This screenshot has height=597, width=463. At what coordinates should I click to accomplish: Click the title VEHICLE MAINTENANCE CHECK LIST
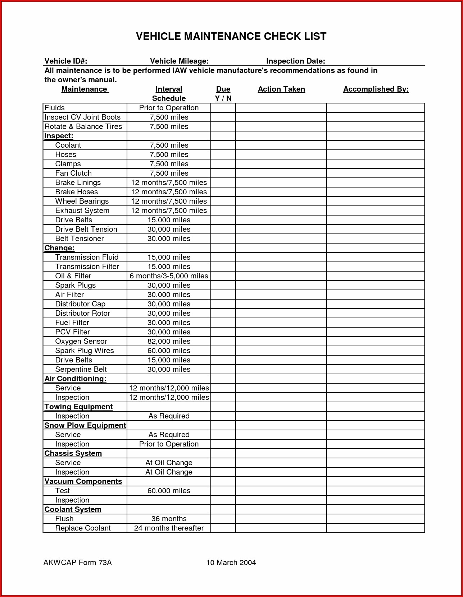coord(231,36)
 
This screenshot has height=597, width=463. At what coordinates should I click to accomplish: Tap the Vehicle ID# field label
coord(66,61)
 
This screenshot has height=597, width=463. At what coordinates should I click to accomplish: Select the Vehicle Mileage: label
coord(179,61)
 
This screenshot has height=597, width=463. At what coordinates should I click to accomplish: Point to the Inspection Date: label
coord(295,61)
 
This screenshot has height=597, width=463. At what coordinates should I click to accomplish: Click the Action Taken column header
coord(281,89)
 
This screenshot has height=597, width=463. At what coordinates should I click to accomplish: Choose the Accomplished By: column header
coord(376,89)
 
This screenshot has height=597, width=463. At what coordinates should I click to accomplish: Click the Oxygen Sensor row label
coord(81,341)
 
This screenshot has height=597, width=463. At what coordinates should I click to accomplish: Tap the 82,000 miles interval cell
coord(169,341)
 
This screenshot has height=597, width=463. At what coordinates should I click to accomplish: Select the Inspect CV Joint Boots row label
coord(82,117)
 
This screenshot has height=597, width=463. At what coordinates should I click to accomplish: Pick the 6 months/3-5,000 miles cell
coord(169,276)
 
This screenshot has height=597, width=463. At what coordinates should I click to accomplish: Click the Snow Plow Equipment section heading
coord(85,425)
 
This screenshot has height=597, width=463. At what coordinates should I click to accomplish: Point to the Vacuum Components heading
coord(83,481)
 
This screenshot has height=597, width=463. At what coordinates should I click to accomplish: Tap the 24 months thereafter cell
coord(169,528)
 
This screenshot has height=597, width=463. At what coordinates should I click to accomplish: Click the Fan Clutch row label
coord(73,173)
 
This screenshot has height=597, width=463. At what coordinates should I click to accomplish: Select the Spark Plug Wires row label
coord(85,351)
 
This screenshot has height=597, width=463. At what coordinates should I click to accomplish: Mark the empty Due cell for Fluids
coord(223,108)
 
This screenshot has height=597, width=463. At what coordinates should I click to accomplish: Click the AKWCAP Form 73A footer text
coord(78,563)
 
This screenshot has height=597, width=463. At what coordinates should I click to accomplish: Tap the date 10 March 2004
coord(231,563)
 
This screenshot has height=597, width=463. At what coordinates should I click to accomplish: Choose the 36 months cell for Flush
coord(169,519)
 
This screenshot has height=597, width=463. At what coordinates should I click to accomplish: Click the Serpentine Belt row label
coord(81,369)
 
